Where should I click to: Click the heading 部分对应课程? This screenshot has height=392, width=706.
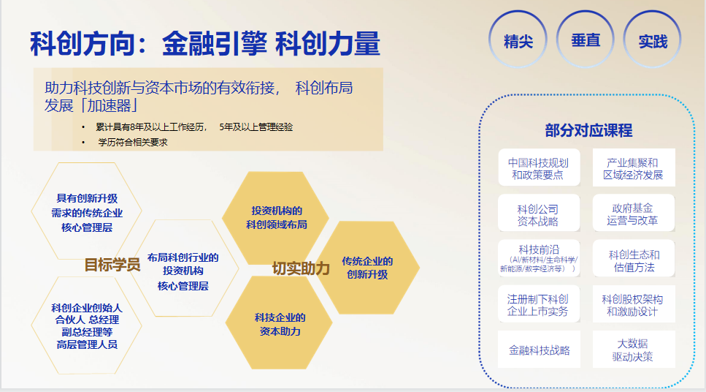point(588,130)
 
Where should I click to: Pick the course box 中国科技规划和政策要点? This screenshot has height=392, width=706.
point(539,167)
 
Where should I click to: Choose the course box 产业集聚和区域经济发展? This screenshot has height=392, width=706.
point(634,167)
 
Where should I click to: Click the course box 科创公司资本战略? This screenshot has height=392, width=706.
point(539,213)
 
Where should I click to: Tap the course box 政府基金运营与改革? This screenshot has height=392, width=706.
point(634,213)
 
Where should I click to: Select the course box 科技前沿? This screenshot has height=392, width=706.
point(539,258)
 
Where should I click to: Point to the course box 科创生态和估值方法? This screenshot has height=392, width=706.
point(634,258)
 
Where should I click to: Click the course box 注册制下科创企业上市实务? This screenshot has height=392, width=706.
point(539,304)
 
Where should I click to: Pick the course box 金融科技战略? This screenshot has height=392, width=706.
point(539,349)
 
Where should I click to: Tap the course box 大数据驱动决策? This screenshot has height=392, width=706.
point(634,349)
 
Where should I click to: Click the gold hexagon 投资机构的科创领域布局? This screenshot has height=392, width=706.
point(276,217)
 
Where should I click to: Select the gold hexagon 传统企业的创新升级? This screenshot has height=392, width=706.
point(367,268)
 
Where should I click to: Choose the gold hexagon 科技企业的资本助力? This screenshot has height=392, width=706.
point(279,324)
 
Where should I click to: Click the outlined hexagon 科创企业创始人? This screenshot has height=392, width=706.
point(86,325)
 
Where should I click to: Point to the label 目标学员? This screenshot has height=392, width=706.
point(112,264)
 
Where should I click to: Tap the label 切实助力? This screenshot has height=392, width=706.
point(301,268)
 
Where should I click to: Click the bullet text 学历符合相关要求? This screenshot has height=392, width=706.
point(133,143)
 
